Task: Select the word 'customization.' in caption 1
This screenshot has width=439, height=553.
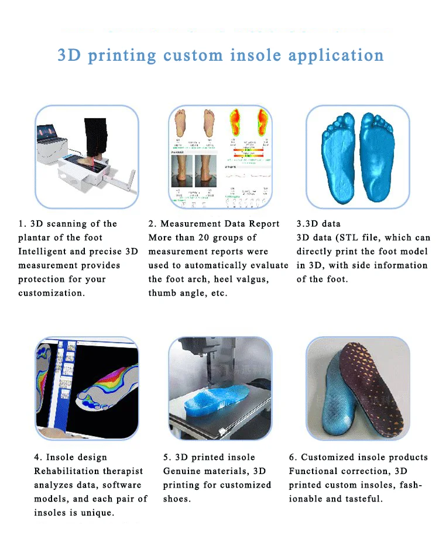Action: point(52,293)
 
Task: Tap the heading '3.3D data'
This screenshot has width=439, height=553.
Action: point(318,223)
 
